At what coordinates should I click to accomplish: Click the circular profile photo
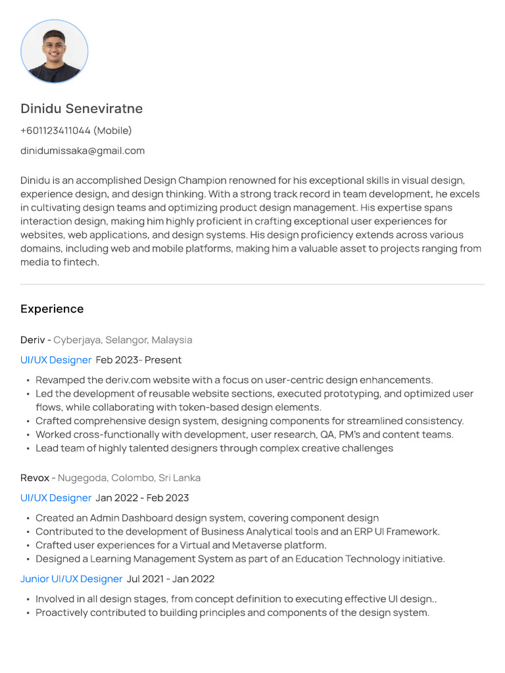click(54, 51)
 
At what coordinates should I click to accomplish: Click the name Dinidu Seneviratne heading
click(82, 108)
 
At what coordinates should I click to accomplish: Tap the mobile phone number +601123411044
click(55, 130)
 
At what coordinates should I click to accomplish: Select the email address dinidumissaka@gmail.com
click(82, 151)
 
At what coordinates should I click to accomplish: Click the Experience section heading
click(52, 309)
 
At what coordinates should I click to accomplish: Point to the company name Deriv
click(32, 340)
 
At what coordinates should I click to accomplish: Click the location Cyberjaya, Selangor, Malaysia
click(123, 340)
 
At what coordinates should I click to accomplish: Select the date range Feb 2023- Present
click(139, 360)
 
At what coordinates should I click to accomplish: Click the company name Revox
click(35, 478)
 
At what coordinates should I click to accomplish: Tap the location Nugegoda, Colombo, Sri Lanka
click(129, 478)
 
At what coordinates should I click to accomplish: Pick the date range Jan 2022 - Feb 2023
click(142, 498)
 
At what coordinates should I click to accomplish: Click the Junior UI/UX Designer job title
click(71, 579)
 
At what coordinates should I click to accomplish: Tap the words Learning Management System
click(161, 559)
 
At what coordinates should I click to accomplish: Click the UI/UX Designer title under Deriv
click(56, 360)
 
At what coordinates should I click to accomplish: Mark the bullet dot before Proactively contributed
click(28, 613)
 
